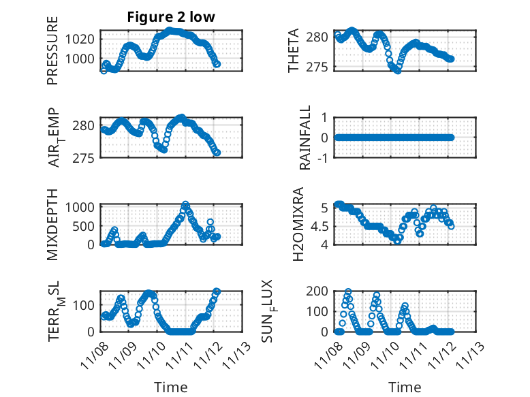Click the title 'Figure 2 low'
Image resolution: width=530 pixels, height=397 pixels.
coord(171,17)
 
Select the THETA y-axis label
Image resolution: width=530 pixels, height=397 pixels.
coord(294,51)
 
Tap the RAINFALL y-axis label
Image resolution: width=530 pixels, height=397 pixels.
coord(306,138)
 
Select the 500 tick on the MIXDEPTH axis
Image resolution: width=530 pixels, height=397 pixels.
coord(86,225)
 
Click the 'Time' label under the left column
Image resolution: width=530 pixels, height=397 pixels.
coord(171,387)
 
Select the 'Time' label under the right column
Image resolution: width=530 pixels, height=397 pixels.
coord(405,387)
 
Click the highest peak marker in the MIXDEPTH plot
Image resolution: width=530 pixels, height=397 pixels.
coord(185,205)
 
